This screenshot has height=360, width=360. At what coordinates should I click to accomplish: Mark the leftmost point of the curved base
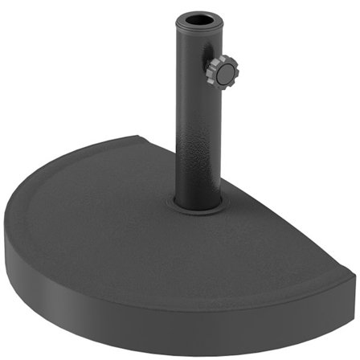[5, 233]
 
